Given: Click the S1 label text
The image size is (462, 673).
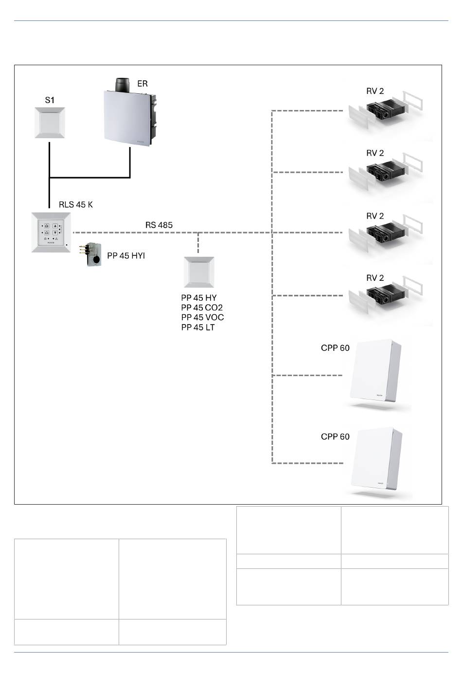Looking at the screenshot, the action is tap(50, 100).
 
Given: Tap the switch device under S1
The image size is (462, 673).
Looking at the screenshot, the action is tap(50, 123).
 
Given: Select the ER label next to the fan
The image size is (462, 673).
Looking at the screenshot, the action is tap(142, 84).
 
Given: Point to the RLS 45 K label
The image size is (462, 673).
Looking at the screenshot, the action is tap(76, 204).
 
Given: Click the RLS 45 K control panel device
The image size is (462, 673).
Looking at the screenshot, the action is tap(51, 232).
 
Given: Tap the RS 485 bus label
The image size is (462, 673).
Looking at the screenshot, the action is tap(159, 225).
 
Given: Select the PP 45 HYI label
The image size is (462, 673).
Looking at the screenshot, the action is tap(126, 255).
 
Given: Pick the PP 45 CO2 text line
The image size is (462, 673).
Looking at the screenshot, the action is tap(202, 308).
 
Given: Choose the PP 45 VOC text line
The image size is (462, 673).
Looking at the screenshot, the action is tap(202, 317).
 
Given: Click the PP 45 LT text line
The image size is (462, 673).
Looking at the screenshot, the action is tap(198, 327).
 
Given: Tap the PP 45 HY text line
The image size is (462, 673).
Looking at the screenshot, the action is tap(199, 298).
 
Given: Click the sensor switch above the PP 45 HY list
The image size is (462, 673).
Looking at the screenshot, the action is tap(199, 272).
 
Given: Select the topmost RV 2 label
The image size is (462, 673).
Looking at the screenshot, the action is tap(375, 91).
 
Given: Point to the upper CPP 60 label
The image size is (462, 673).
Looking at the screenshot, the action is tap(335, 348).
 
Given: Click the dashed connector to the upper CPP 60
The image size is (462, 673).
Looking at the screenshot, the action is tap(307, 375).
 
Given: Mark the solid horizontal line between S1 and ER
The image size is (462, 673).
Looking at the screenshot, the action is tap(90, 178).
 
